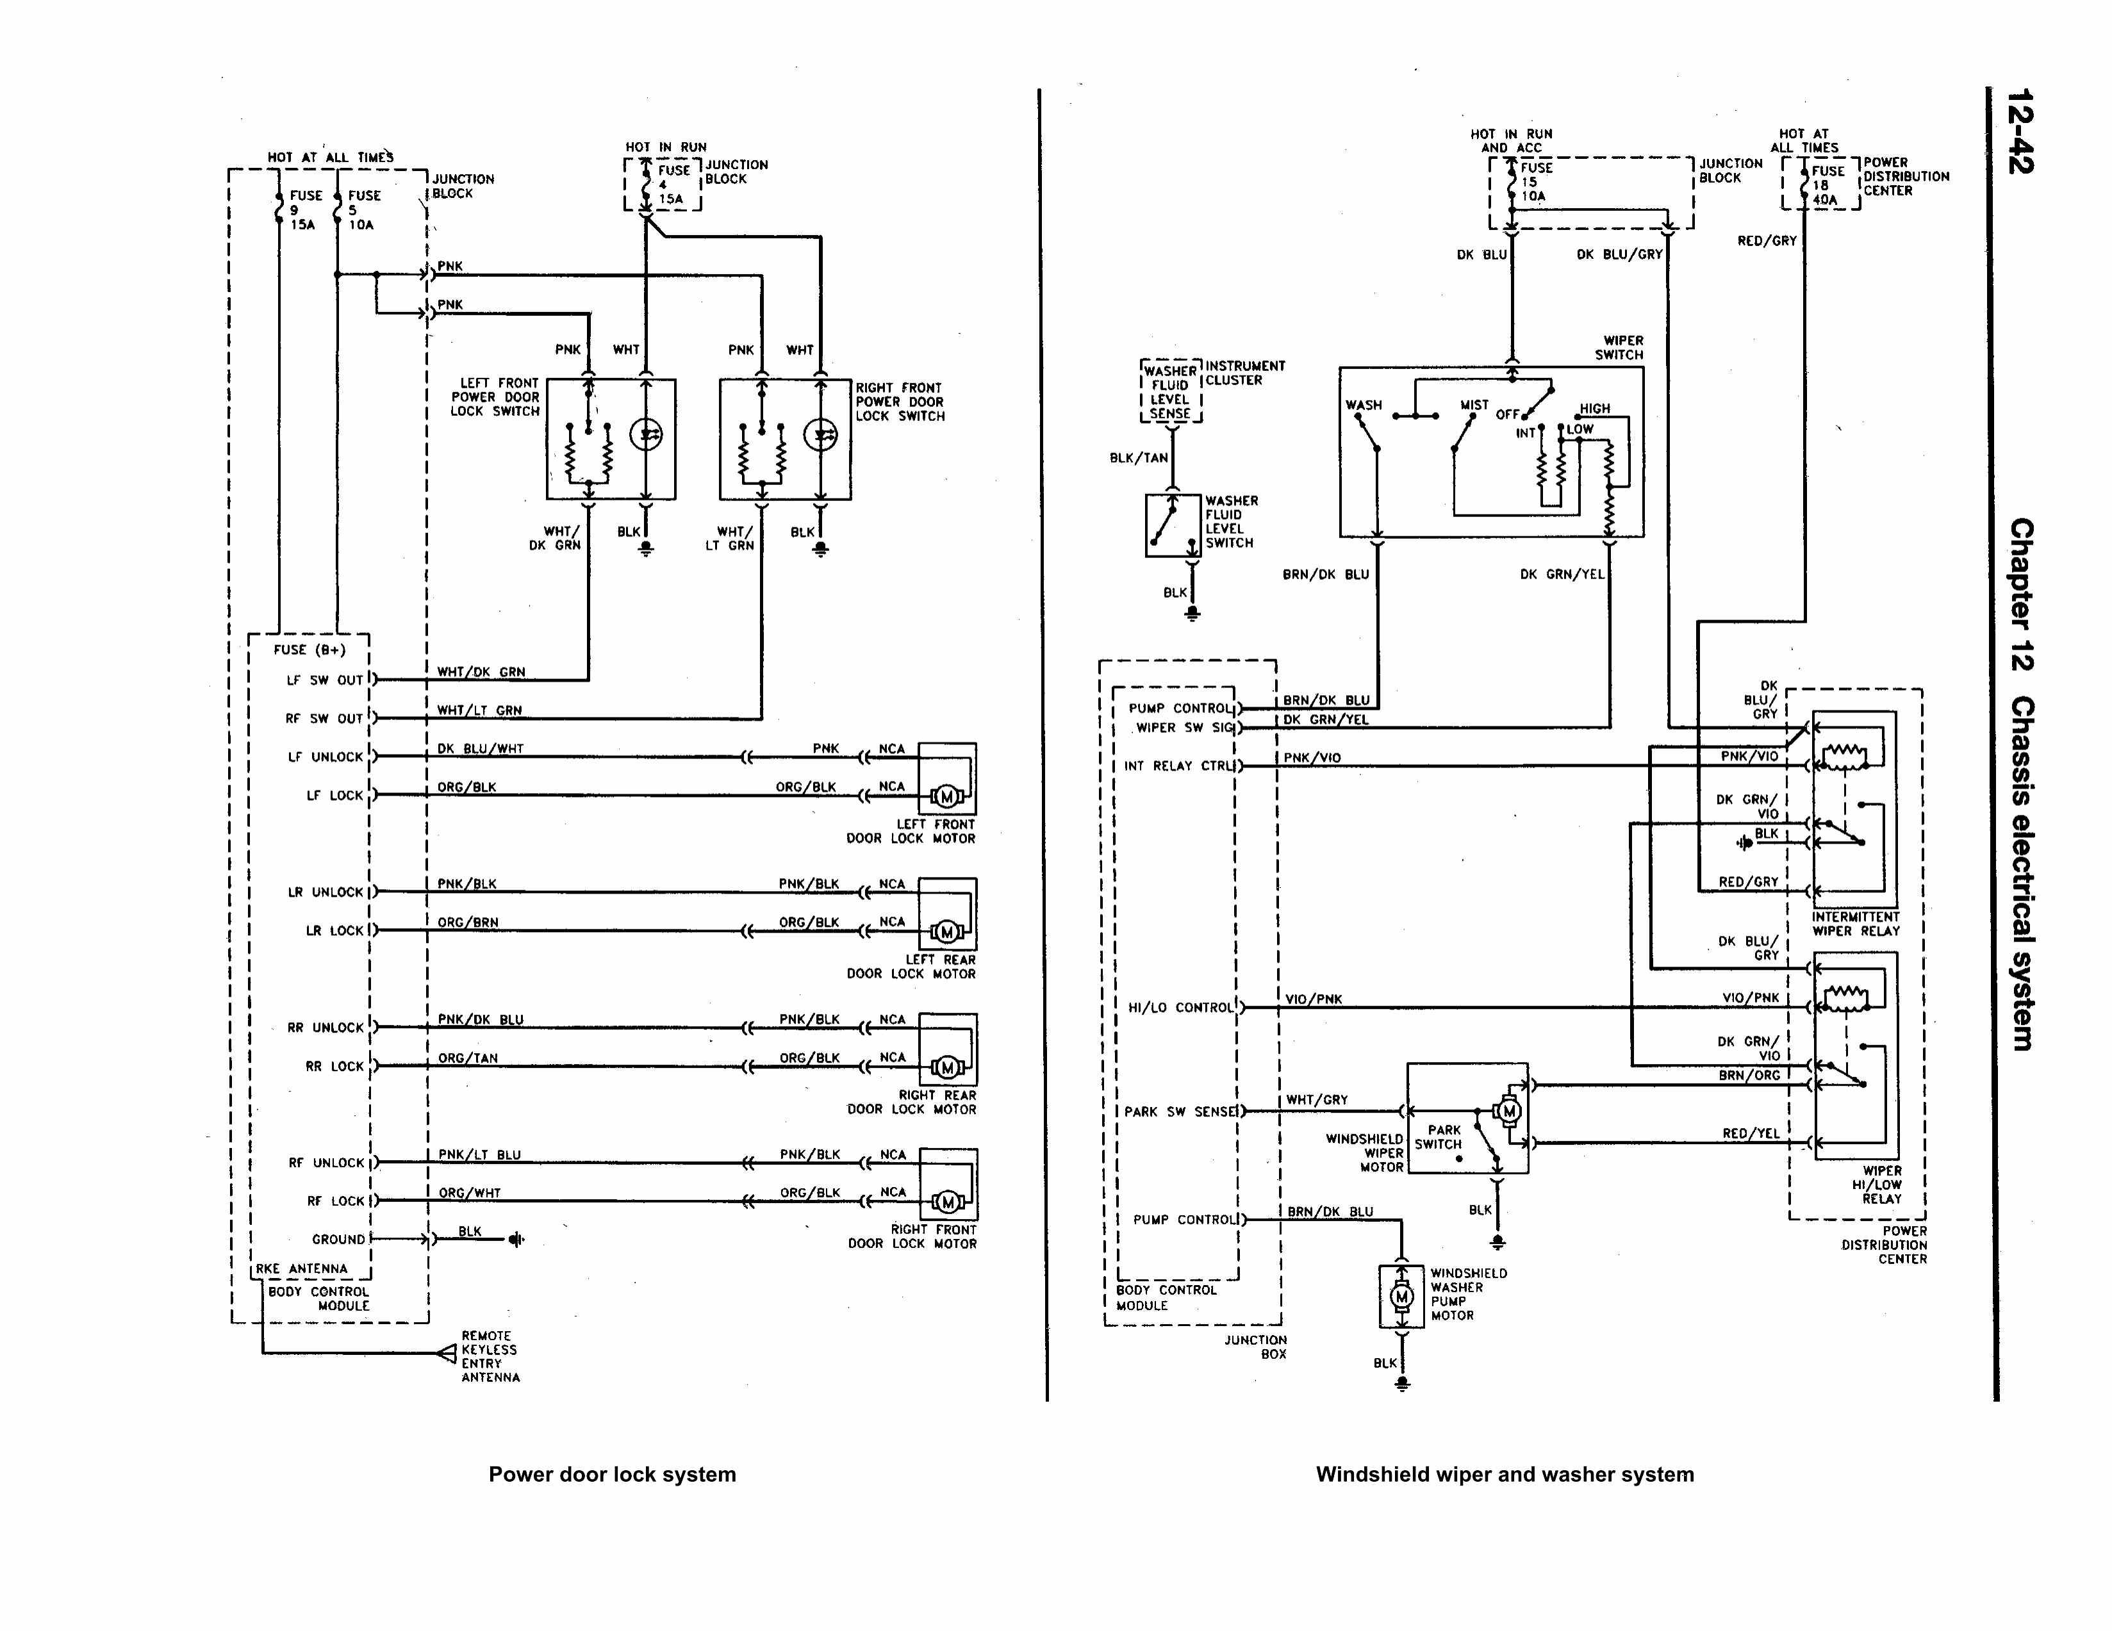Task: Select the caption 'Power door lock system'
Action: pyautogui.click(x=612, y=1475)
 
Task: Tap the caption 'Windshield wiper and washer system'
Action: pyautogui.click(x=1505, y=1475)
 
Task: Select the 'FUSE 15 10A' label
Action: pyautogui.click(x=1536, y=182)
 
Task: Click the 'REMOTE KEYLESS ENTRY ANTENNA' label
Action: pyautogui.click(x=490, y=1356)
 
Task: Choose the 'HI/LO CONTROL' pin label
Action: pyautogui.click(x=1181, y=1008)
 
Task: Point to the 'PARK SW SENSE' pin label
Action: pyautogui.click(x=1181, y=1112)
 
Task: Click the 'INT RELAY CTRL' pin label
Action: pyautogui.click(x=1180, y=766)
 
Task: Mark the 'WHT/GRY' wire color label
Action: pyautogui.click(x=1316, y=1100)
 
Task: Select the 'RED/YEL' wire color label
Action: pyautogui.click(x=1751, y=1133)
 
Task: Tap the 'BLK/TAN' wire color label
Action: pyautogui.click(x=1138, y=458)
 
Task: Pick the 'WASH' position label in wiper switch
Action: pyautogui.click(x=1364, y=405)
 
